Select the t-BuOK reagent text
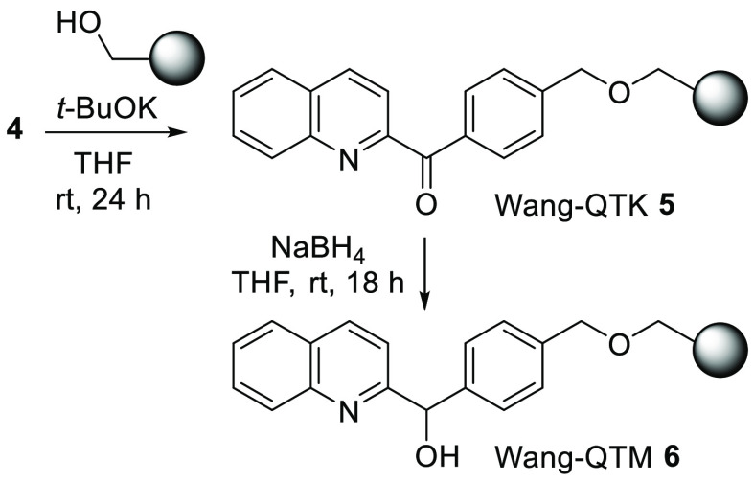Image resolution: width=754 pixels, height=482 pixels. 109,104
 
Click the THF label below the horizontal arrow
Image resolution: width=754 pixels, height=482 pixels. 111,160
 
